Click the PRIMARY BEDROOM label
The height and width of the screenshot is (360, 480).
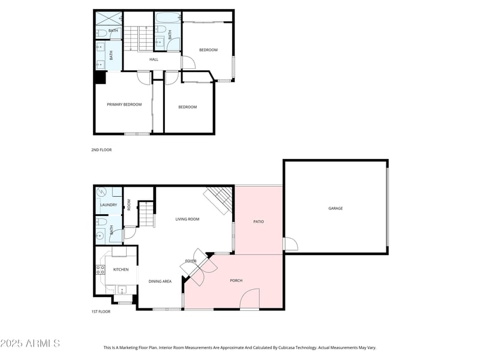pyautogui.click(x=124, y=104)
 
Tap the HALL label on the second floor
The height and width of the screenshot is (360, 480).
pyautogui.click(x=154, y=59)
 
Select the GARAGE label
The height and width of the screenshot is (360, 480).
pyautogui.click(x=335, y=208)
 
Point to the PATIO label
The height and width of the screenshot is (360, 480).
pyautogui.click(x=259, y=221)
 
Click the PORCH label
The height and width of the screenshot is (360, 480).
pyautogui.click(x=236, y=280)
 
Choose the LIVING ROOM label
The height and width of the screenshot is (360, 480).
pyautogui.click(x=187, y=219)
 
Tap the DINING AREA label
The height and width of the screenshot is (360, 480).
pyautogui.click(x=160, y=281)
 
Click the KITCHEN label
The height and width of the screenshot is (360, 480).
pyautogui.click(x=121, y=269)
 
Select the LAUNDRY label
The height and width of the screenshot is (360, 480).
pyautogui.click(x=109, y=205)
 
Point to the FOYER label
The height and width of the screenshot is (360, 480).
pyautogui.click(x=191, y=261)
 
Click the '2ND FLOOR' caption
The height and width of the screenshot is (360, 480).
pyautogui.click(x=102, y=150)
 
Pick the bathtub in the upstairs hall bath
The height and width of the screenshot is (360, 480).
pyautogui.click(x=162, y=17)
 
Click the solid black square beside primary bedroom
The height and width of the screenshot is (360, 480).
pyautogui.click(x=100, y=77)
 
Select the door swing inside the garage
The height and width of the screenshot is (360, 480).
pyautogui.click(x=291, y=244)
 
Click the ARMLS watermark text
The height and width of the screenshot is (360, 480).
pyautogui.click(x=30, y=343)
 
